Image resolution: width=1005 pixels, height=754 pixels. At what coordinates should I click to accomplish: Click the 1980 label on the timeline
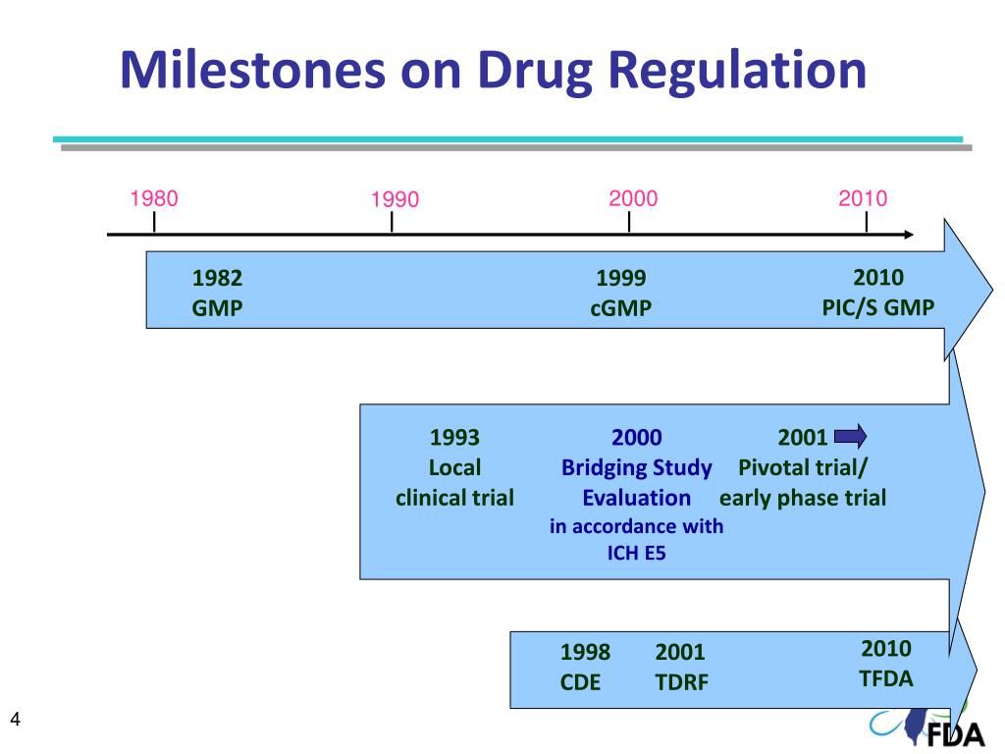[x=154, y=198]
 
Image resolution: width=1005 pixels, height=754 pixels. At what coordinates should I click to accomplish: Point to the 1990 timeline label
[x=395, y=200]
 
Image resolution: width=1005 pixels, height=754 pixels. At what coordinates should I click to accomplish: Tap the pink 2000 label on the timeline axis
[x=633, y=198]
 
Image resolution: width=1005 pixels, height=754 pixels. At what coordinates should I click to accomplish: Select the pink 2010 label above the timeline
[x=863, y=198]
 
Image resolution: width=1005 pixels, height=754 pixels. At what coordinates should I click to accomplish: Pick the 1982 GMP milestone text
[x=217, y=293]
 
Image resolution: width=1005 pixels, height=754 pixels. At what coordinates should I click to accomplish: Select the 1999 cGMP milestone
[x=620, y=293]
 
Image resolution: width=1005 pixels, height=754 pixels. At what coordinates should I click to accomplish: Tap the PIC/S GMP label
[x=878, y=307]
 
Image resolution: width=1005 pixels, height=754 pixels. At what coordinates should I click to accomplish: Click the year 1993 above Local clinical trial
[x=454, y=437]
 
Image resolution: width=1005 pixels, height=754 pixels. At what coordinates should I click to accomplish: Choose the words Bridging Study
[x=636, y=467]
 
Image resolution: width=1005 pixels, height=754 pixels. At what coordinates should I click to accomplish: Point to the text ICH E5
[x=636, y=553]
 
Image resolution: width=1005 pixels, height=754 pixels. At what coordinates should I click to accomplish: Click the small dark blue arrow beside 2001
[x=849, y=435]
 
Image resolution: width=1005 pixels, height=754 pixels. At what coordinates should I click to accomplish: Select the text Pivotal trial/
[x=803, y=467]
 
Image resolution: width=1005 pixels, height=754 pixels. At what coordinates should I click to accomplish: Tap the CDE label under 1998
[x=580, y=682]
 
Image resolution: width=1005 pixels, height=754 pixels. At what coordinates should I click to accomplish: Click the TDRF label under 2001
[x=681, y=682]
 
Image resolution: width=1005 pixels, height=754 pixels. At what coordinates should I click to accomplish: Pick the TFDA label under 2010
[x=885, y=678]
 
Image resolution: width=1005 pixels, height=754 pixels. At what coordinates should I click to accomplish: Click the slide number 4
[x=15, y=722]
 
